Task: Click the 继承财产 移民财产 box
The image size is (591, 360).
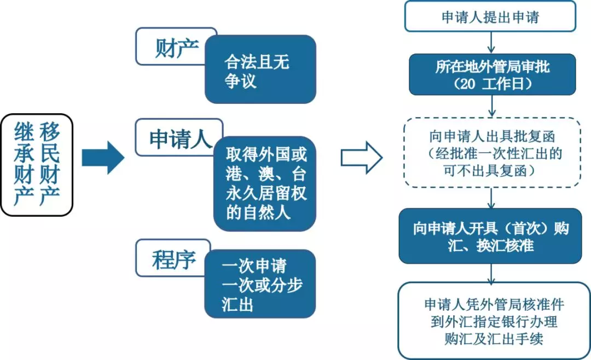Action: coord(37,164)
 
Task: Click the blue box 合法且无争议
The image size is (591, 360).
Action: coord(260,70)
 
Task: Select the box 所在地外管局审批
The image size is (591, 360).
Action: coord(493,74)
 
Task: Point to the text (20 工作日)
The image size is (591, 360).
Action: coord(493,83)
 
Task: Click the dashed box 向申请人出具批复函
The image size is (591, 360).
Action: coord(493,153)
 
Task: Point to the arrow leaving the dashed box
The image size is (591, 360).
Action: coord(492,198)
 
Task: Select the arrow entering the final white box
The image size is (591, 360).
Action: coord(492,272)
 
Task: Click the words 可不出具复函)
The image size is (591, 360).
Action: coord(493,170)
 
